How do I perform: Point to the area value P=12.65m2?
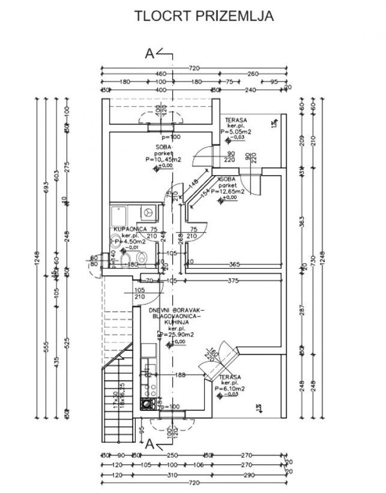pos(231,191)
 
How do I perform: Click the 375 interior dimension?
pos(234,280)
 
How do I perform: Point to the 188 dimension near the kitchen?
pos(179,375)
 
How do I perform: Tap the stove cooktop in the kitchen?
pos(148,404)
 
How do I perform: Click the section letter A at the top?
pos(150,53)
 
